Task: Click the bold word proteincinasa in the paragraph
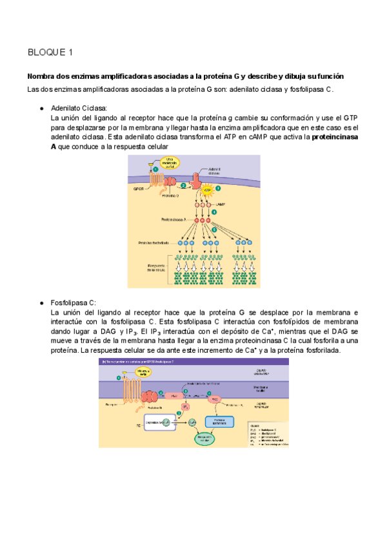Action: [x=337, y=138]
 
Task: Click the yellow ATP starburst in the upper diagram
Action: [x=208, y=191]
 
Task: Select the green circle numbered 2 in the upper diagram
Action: [x=183, y=185]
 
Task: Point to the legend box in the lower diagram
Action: [x=264, y=434]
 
